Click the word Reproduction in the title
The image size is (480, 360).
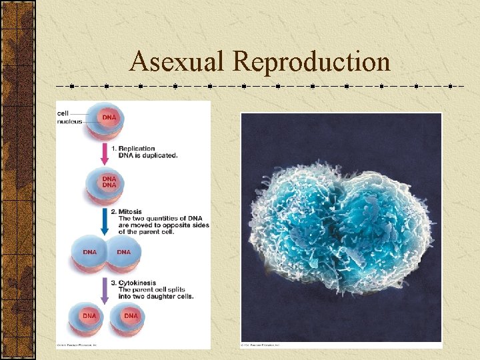coord(311,61)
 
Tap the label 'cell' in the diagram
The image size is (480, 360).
coord(63,113)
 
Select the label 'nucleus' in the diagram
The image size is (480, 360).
coord(69,121)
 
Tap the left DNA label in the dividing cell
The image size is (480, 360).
coord(90,253)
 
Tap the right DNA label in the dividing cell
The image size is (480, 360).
coord(123,253)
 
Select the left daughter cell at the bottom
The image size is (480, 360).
coord(89,319)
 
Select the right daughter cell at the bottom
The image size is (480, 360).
coord(130,319)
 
